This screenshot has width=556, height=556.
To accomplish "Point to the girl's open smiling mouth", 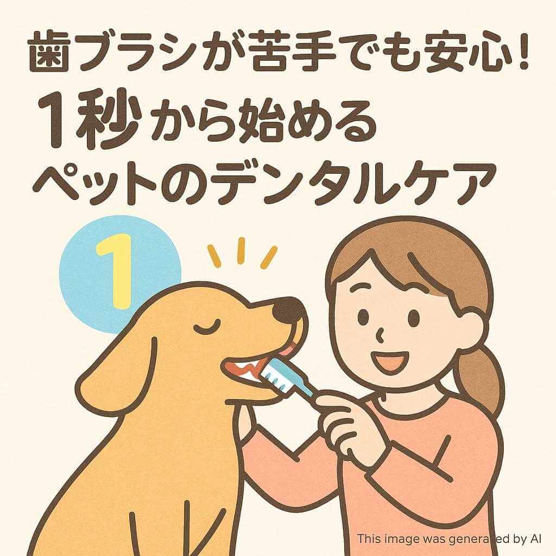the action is (390, 362).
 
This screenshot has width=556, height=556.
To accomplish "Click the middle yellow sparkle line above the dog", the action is (242, 250).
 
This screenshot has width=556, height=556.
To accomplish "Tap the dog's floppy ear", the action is (118, 369).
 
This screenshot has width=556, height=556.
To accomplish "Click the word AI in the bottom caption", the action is (536, 539).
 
